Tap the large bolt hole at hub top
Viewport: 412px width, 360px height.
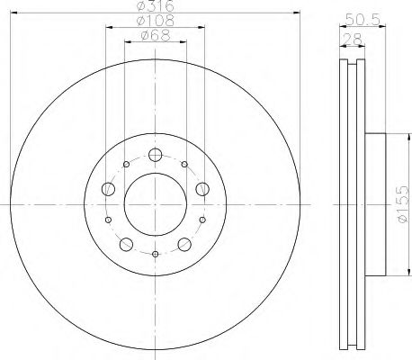tap(154, 154)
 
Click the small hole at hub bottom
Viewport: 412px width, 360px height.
tap(155, 254)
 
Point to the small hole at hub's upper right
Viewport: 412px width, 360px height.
tap(185, 164)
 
